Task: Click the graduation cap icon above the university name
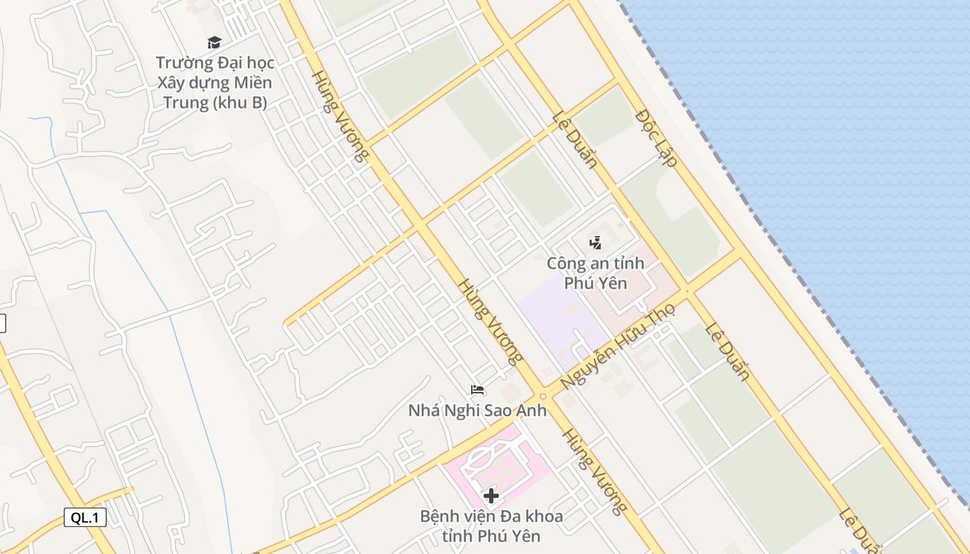tap(214, 43)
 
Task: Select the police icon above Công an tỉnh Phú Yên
tap(595, 242)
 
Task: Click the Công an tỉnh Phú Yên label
tap(595, 273)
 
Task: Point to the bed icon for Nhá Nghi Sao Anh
tap(477, 390)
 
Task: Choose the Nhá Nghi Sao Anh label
tap(477, 410)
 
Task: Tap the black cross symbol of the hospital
tap(491, 496)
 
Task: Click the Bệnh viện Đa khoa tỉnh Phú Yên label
tap(491, 526)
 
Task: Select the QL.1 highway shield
tap(85, 517)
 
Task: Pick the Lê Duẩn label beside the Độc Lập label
tap(575, 141)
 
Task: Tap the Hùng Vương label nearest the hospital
tap(594, 471)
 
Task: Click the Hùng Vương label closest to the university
tap(339, 116)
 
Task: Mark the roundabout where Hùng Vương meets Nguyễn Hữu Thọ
tap(543, 396)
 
